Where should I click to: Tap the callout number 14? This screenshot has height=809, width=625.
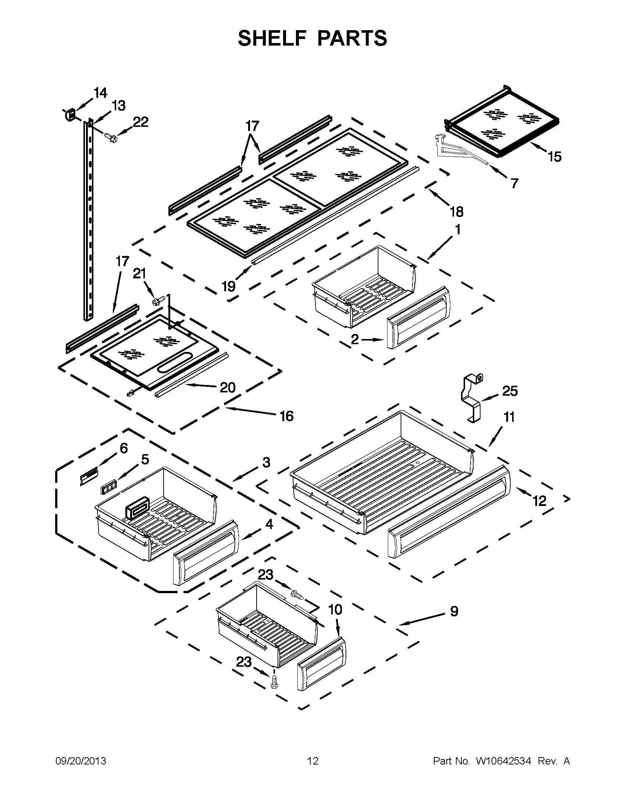point(100,93)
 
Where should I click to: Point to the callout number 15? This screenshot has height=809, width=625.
point(554,157)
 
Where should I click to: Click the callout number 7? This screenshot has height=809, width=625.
point(514,183)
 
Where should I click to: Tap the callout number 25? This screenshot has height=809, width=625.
point(510,391)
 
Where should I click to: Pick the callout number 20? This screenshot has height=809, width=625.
point(227,388)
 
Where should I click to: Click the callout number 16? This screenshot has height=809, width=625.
point(286,416)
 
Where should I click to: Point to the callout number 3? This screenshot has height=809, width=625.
point(266,462)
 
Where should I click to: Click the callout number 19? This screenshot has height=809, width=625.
point(228,286)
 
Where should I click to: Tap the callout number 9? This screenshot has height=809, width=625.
point(454,611)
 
